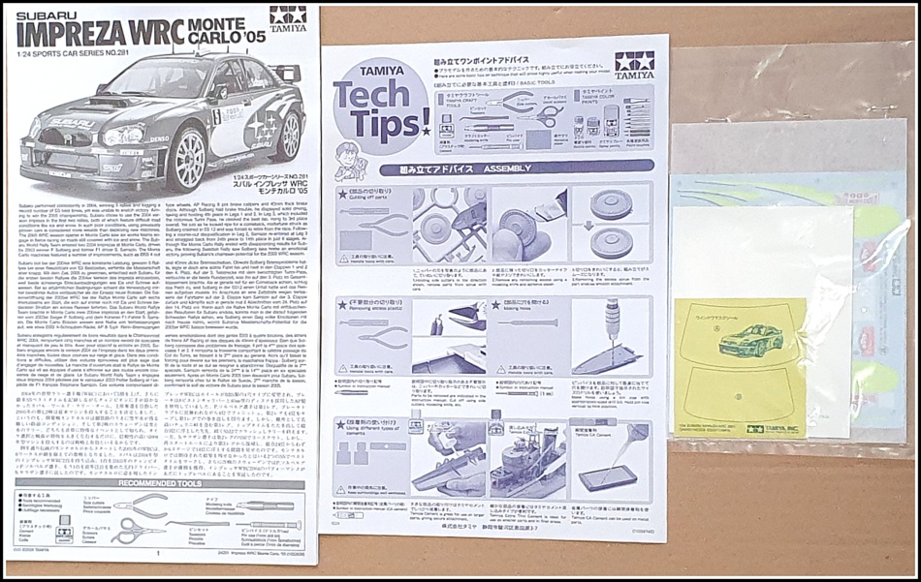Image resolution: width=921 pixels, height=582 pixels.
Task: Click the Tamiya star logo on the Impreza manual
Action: point(288,16)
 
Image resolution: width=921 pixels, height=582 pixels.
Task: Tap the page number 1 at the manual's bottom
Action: point(158,555)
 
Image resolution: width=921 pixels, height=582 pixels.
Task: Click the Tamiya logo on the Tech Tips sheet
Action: point(633,64)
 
